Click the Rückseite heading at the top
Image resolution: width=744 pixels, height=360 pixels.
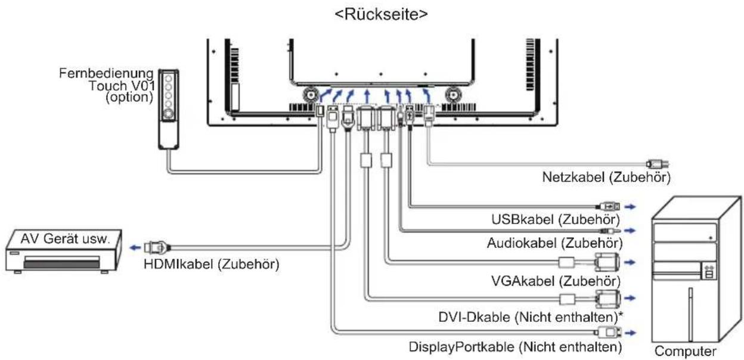pos(382,14)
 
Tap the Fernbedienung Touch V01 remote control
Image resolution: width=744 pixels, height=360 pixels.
pos(169,109)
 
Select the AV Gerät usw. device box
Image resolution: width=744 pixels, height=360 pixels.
pos(63,251)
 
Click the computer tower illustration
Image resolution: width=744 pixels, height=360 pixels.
pos(696,269)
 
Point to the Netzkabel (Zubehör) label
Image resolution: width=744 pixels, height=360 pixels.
pos(606,178)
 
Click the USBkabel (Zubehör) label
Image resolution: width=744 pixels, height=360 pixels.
pos(556,219)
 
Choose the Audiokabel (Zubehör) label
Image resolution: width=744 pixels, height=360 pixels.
pos(554,243)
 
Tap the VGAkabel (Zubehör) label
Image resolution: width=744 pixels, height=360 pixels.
pos(556,281)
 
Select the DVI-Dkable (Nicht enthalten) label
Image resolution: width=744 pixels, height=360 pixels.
pos(531,317)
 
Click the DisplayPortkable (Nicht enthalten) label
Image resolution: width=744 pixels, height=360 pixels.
pos(515,347)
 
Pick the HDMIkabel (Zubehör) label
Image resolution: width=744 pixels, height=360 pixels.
pos(212,265)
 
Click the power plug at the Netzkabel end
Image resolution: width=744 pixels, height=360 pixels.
pos(658,164)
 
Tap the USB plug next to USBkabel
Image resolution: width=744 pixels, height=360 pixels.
pos(609,207)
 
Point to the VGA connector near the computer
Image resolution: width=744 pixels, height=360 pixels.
pos(607,262)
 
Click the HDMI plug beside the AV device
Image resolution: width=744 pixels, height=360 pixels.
pos(157,247)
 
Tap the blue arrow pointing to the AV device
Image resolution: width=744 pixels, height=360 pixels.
pos(135,248)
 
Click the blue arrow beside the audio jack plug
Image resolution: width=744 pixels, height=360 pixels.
pos(630,231)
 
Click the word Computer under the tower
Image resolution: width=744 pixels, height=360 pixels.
pos(685,352)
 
